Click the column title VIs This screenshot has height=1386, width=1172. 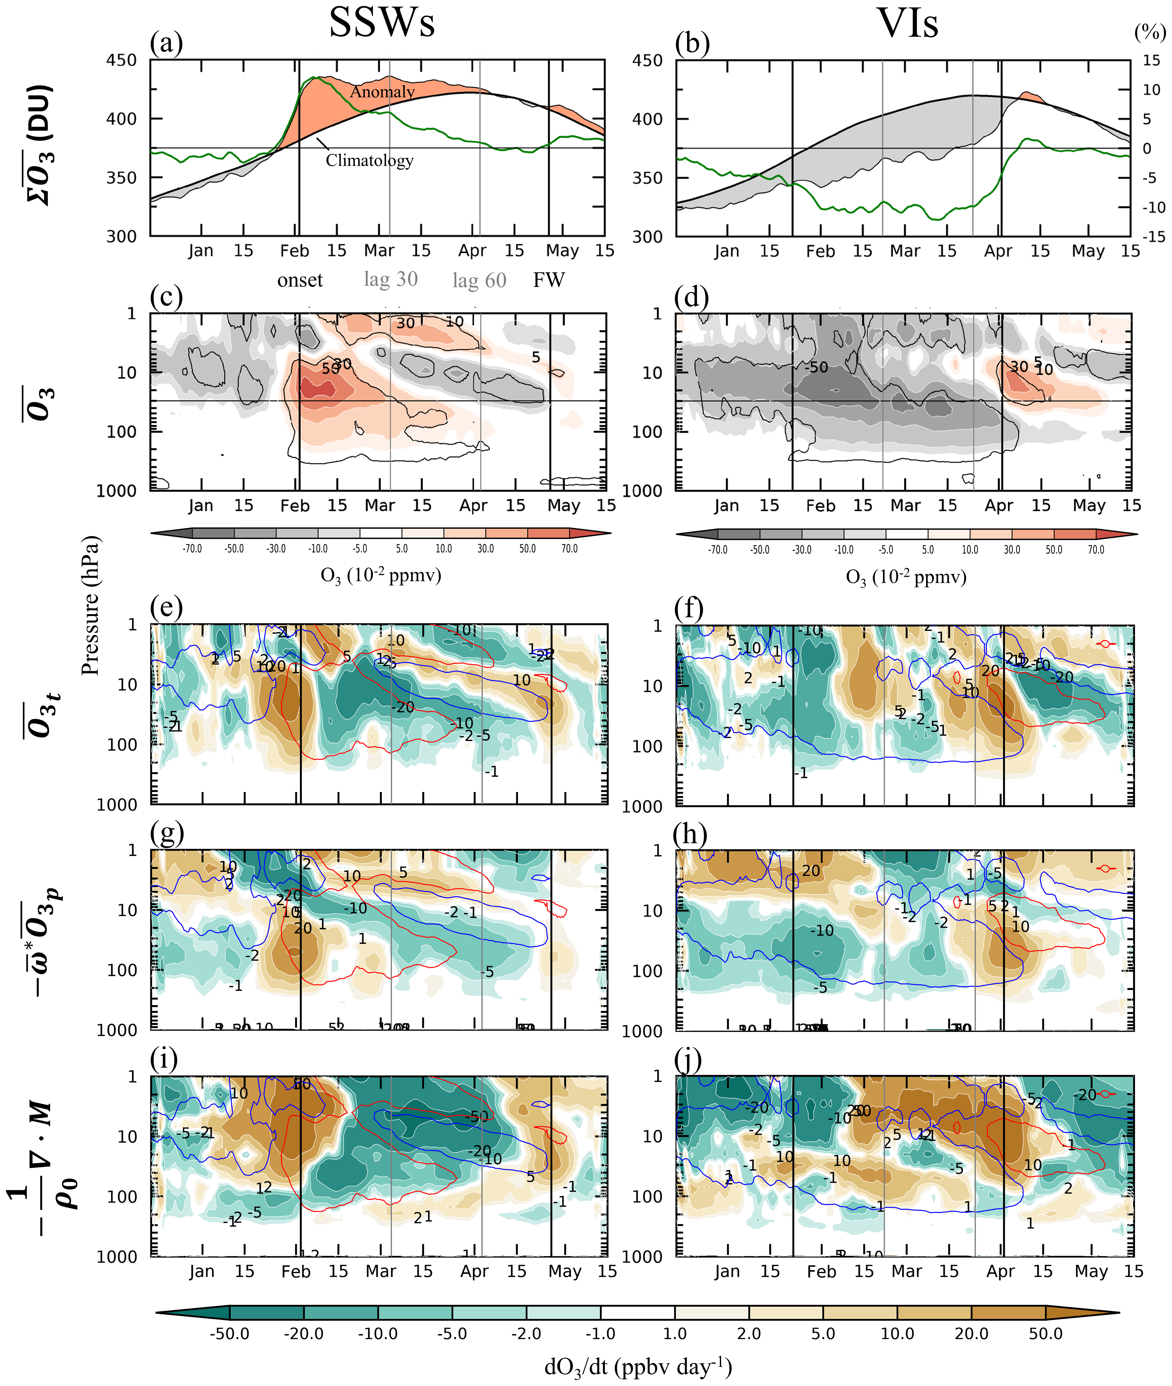pyautogui.click(x=908, y=23)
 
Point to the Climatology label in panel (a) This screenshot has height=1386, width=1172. pyautogui.click(x=369, y=160)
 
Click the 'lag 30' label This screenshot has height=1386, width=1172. pyautogui.click(x=391, y=279)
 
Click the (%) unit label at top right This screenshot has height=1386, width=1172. pyautogui.click(x=1149, y=32)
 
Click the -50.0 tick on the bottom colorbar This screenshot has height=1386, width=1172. pyautogui.click(x=229, y=1333)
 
